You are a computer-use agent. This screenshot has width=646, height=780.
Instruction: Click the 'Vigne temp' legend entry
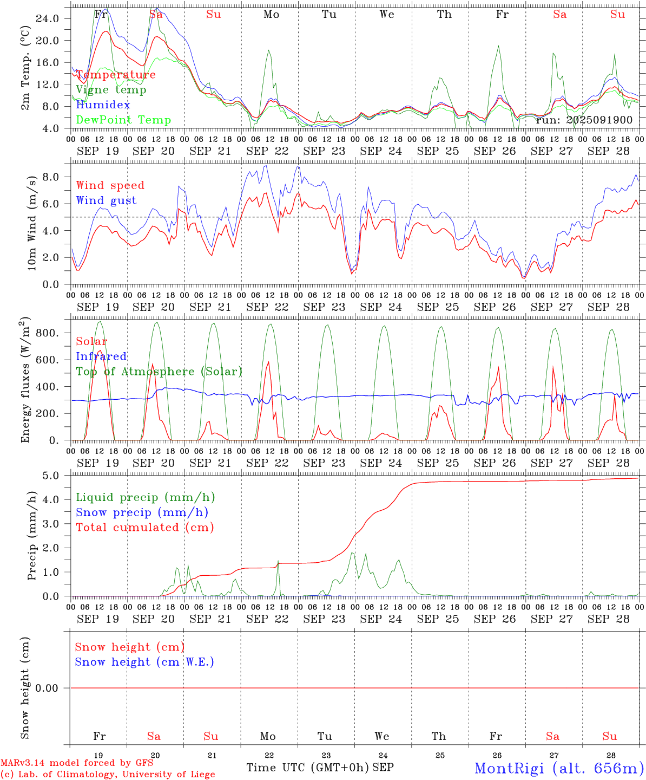[x=111, y=90]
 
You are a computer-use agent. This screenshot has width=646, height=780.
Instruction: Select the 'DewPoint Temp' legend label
[x=123, y=120]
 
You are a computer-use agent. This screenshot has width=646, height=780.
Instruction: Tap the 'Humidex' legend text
[x=103, y=105]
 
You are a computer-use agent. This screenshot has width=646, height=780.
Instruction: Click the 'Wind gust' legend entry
[x=106, y=200]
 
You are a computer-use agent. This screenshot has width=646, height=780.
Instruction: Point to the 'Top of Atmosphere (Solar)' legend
[x=159, y=372]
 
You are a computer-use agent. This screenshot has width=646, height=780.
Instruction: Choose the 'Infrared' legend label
[x=101, y=356]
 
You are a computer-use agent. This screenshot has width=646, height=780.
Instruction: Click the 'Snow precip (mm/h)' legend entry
[x=142, y=512]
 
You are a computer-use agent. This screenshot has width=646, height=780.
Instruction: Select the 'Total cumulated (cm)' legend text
[x=144, y=528]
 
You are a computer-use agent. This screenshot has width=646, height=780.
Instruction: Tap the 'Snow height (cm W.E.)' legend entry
[x=144, y=662]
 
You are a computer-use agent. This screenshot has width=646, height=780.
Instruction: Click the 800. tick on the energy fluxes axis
[x=47, y=333]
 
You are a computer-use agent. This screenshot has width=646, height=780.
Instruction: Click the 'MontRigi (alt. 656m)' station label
[x=559, y=768]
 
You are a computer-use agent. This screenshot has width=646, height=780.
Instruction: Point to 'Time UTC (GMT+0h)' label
[x=307, y=768]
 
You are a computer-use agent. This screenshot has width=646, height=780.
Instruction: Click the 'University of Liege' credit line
[x=108, y=775]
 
